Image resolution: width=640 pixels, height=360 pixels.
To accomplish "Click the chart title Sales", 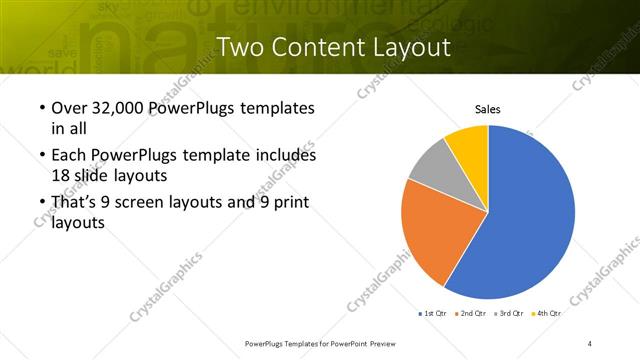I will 487,110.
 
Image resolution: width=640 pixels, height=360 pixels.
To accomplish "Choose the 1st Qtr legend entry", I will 433,313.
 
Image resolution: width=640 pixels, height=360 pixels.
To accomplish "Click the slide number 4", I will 590,343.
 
